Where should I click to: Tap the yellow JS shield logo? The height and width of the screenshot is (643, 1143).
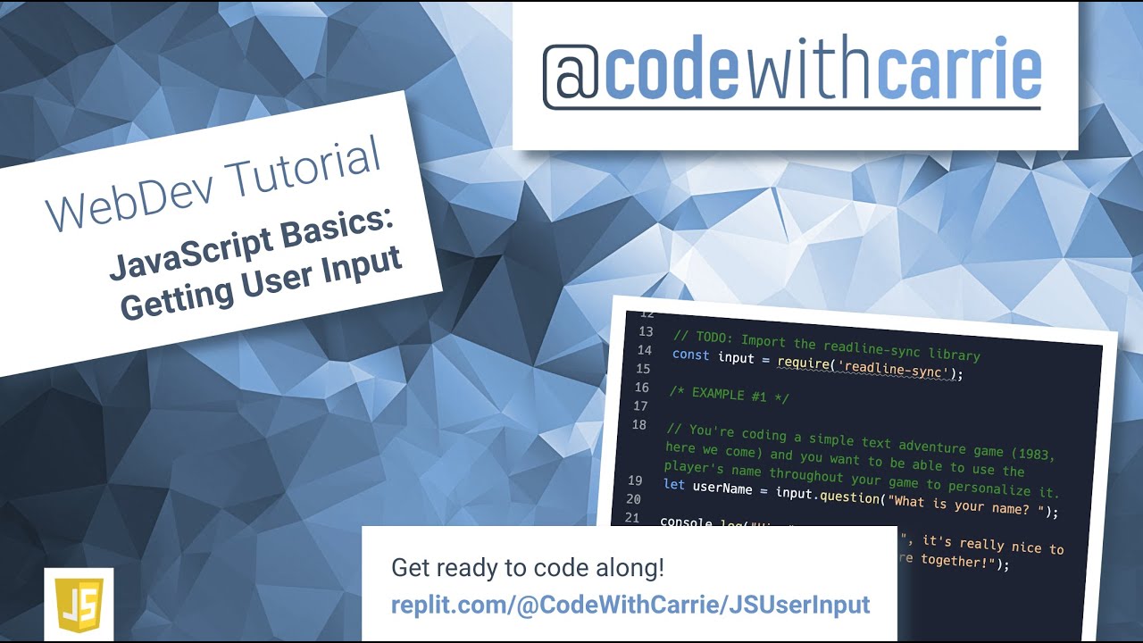79,605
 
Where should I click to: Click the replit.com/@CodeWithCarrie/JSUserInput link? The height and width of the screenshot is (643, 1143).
630,605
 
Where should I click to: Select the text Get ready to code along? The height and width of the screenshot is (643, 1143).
528,568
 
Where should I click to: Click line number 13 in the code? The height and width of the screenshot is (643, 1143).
645,331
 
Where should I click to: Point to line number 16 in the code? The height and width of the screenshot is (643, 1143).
641,388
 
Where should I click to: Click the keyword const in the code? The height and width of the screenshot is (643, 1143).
690,355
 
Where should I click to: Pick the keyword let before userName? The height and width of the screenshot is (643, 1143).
674,486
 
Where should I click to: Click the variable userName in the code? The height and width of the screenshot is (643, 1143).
722,489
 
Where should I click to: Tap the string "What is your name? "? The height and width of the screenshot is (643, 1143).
963,506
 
